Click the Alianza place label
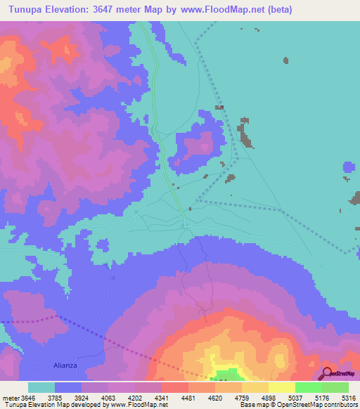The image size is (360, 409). click(68, 365)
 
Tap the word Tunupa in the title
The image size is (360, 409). click(27, 10)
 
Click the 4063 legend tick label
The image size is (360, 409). click(108, 398)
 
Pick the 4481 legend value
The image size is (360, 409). click(188, 398)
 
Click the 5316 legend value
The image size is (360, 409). click(349, 398)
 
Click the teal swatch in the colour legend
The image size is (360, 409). click(41, 387)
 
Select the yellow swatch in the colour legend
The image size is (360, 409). click(282, 387)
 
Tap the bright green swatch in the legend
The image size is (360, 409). click(309, 387)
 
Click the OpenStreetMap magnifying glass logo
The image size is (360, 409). click(328, 373)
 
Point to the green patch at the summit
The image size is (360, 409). click(227, 375)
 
